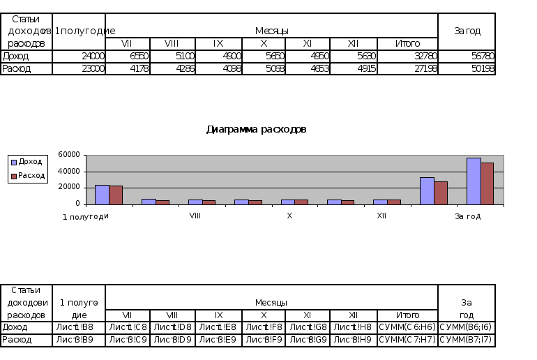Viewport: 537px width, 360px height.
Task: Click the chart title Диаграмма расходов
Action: pyautogui.click(x=256, y=129)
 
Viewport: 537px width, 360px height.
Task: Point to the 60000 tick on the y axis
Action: pyautogui.click(x=68, y=155)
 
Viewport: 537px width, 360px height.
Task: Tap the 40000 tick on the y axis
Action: pyautogui.click(x=68, y=172)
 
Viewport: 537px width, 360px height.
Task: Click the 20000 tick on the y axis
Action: pyautogui.click(x=68, y=188)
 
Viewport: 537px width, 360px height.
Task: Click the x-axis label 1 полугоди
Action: pyautogui.click(x=86, y=216)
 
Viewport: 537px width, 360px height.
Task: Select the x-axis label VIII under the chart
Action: pyautogui.click(x=195, y=216)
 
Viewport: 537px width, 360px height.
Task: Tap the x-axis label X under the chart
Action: pyautogui.click(x=289, y=216)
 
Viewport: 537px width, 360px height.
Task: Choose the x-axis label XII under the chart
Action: pyautogui.click(x=381, y=216)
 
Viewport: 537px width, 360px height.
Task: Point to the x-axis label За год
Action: pyautogui.click(x=468, y=216)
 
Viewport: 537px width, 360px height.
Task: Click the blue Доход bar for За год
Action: pyautogui.click(x=474, y=181)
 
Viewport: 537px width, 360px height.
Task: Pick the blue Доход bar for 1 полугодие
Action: pyautogui.click(x=102, y=195)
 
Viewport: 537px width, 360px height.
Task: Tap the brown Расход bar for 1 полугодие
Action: pyautogui.click(x=116, y=195)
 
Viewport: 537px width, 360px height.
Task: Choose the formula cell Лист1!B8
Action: pyautogui.click(x=79, y=327)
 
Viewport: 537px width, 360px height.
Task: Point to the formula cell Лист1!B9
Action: pyautogui.click(x=79, y=340)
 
